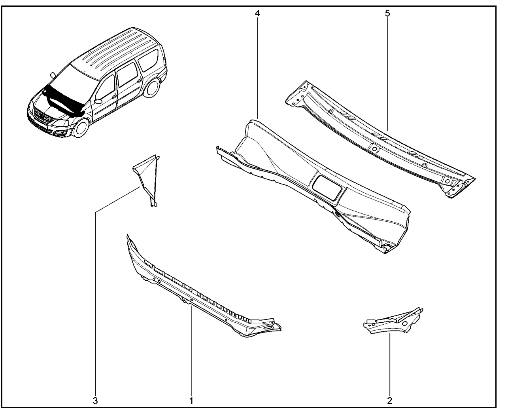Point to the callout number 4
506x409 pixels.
coord(257,13)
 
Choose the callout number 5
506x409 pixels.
coord(387,13)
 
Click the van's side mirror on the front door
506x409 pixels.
coord(98,101)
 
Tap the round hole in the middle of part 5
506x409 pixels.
coord(375,149)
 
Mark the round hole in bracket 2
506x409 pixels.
coord(405,323)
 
